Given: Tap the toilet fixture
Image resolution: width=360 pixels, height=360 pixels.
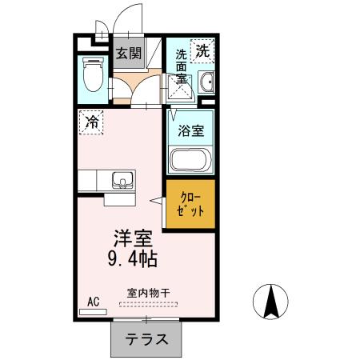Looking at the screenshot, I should pos(92,78).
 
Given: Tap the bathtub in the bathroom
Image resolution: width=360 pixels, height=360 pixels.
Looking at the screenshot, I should pos(190,159).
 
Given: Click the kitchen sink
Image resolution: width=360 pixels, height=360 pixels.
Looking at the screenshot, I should pos(122,179).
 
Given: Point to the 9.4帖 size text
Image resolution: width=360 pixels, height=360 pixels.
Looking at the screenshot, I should pos(132,258).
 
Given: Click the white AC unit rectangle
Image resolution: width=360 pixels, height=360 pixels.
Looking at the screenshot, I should pos(93,311).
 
